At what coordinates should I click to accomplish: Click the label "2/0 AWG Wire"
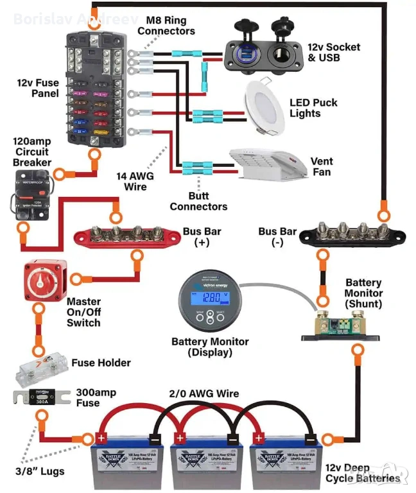(x=203, y=394)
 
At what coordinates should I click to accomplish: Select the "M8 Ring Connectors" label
(x=166, y=25)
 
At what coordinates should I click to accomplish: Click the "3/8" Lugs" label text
(x=39, y=472)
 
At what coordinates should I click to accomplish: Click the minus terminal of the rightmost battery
(x=310, y=439)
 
